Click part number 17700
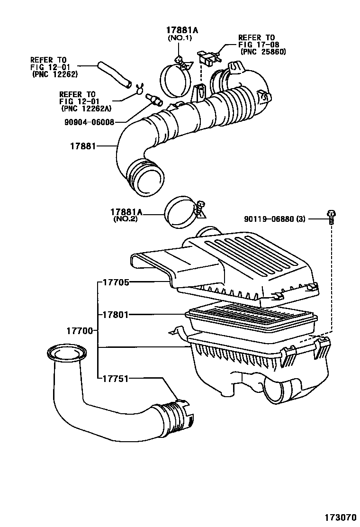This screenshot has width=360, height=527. [79, 330]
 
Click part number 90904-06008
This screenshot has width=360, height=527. [89, 122]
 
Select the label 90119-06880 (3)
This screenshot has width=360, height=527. [275, 219]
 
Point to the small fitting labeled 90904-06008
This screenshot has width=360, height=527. [154, 100]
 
